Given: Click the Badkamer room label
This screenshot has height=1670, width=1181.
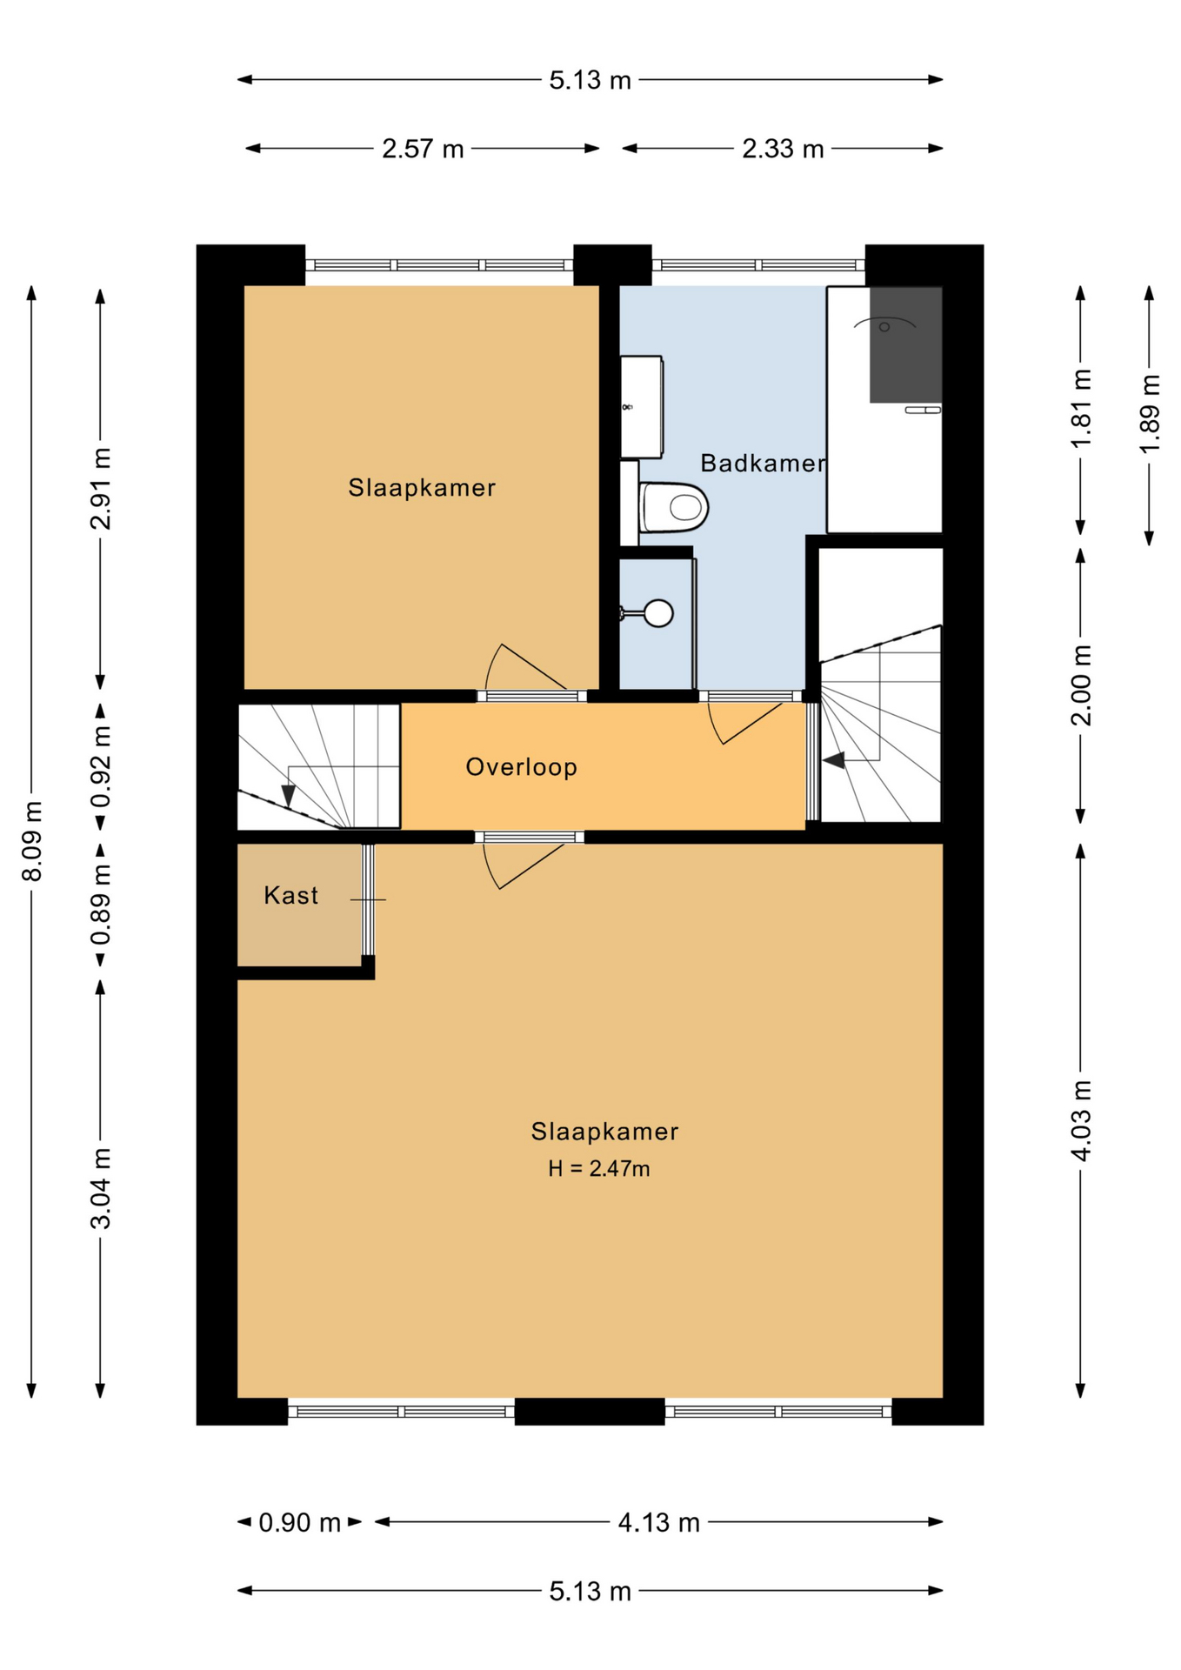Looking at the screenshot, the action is coord(763,464).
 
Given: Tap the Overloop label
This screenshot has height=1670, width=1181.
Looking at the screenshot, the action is coord(522,767).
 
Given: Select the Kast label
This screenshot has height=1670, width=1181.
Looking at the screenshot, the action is coord(291,895).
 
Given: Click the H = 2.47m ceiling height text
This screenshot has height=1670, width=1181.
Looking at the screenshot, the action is coord(599,1168).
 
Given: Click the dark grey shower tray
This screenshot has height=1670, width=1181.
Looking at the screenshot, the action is coord(906,344).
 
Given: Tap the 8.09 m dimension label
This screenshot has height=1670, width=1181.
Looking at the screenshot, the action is coord(32,841).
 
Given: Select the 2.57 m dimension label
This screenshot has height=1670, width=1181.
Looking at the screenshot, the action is coord(423,149).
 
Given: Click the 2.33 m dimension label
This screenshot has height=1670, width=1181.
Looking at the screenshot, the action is coord(783,149).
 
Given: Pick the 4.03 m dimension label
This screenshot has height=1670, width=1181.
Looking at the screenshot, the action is coord(1081,1120).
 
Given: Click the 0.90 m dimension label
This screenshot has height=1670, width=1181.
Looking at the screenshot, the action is coord(300,1523).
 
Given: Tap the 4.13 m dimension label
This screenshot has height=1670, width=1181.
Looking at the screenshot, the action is coord(659,1523).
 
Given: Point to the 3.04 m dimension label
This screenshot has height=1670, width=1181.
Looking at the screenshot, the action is coord(101,1188).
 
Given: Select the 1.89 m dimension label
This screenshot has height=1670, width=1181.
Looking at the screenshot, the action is coord(1150,413).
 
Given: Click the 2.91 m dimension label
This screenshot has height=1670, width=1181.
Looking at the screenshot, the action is coord(101,489).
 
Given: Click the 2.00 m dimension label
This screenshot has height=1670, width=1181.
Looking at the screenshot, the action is coord(1081,685).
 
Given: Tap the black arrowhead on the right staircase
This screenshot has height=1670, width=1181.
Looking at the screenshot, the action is coord(833,761).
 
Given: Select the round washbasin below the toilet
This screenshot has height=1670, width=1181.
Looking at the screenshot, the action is coord(659,613).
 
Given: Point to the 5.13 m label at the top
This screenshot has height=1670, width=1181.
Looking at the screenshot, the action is coord(590,80).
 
